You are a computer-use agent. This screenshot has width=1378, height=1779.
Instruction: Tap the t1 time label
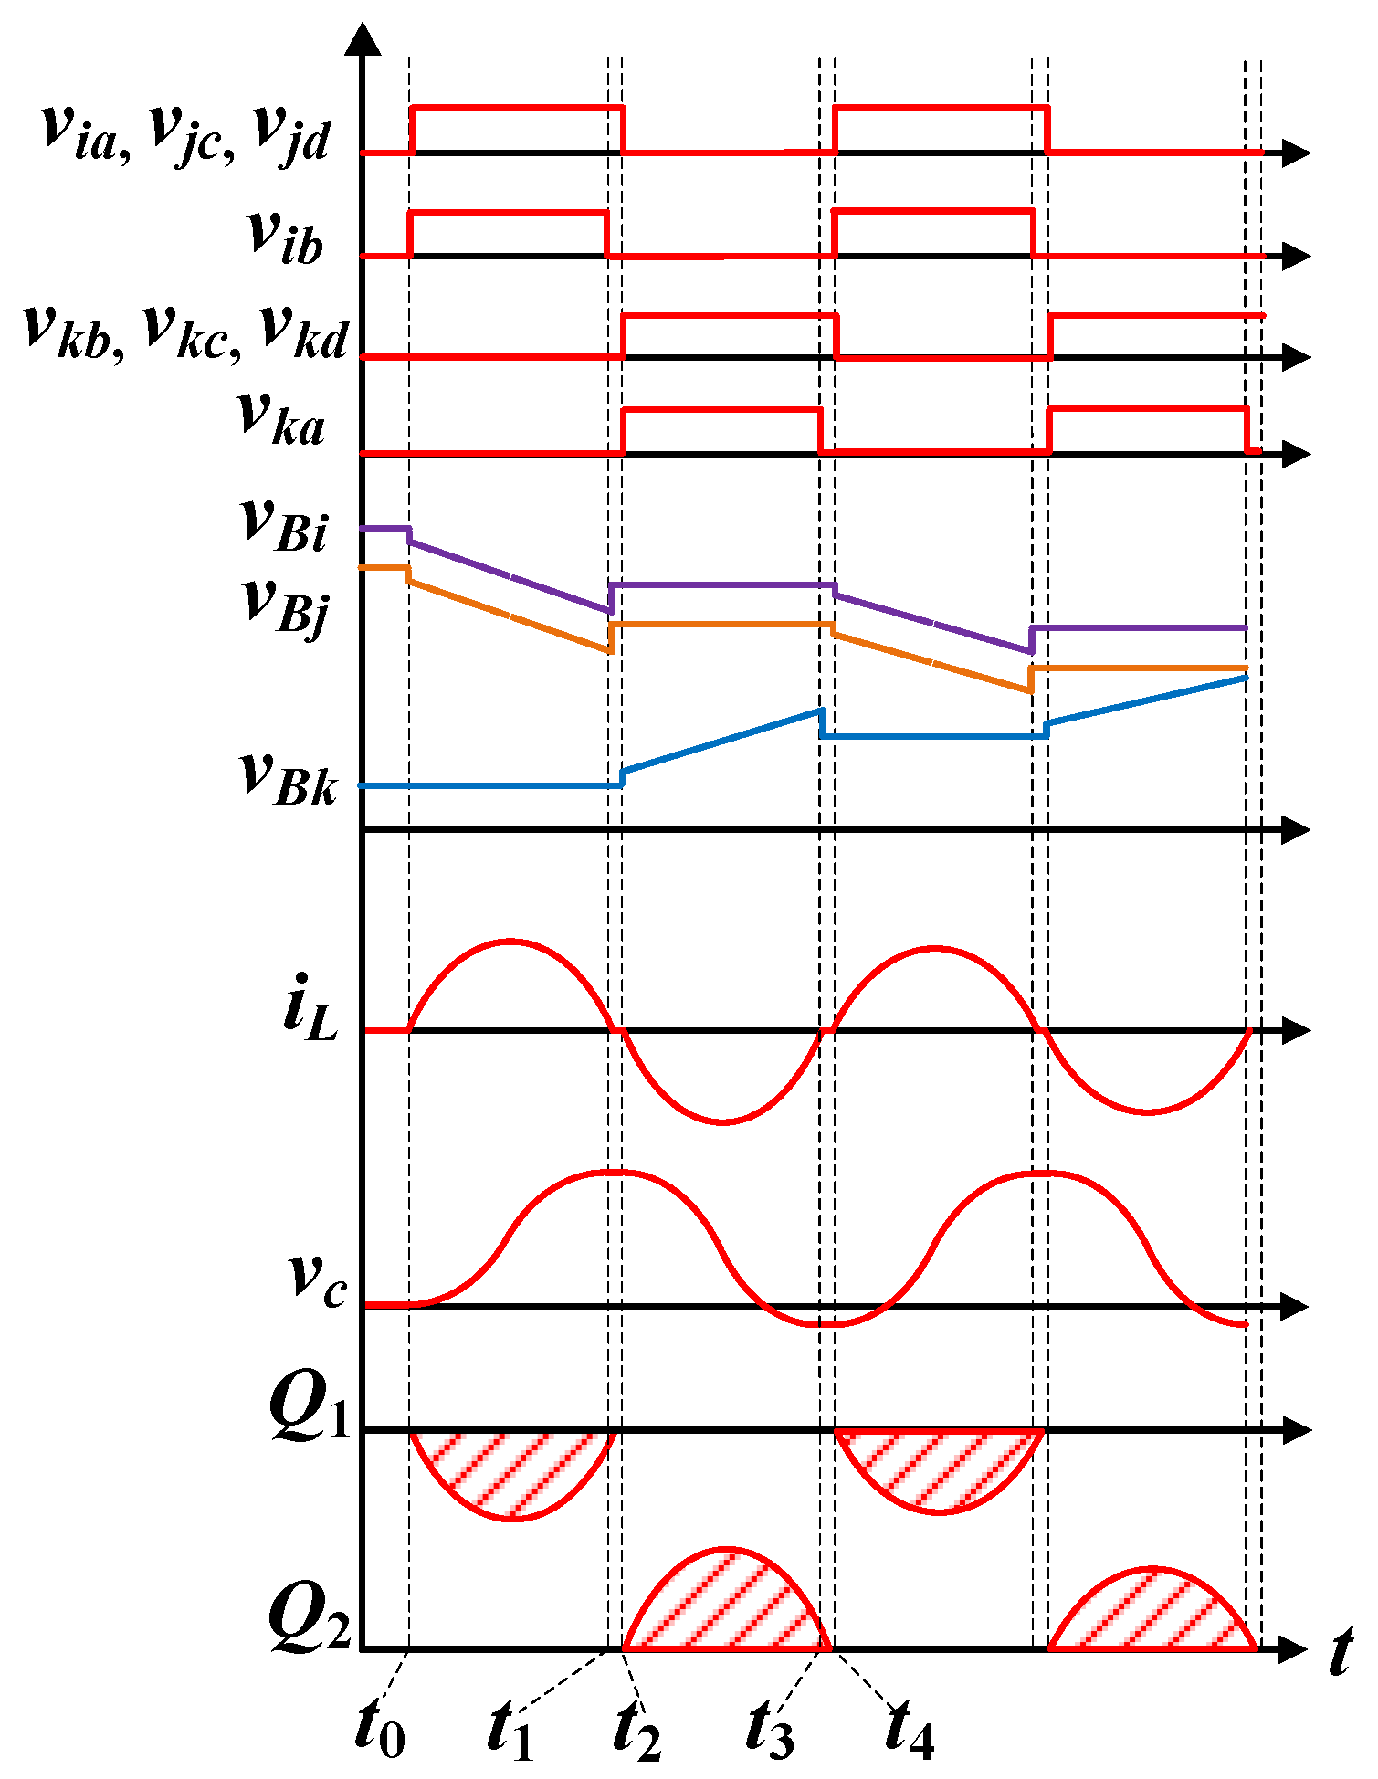click(510, 1728)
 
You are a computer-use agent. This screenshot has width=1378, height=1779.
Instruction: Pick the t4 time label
click(910, 1728)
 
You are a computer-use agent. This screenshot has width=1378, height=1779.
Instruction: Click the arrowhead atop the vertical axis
click(364, 41)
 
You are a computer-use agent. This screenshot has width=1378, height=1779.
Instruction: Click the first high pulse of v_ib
click(508, 213)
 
